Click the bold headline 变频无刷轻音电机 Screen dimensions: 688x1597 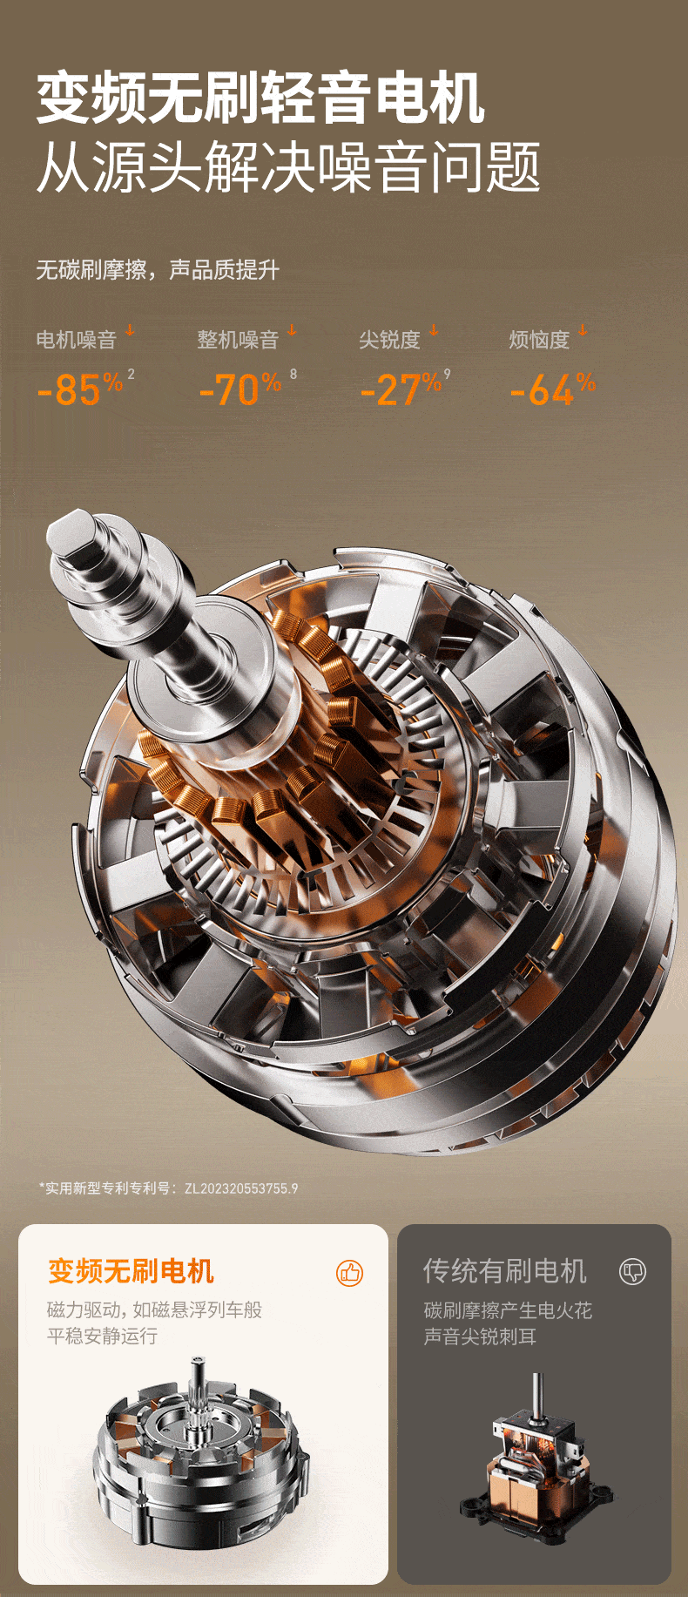(260, 99)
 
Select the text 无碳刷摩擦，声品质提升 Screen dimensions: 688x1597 (158, 270)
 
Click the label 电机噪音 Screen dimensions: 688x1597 (76, 339)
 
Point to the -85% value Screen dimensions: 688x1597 (80, 389)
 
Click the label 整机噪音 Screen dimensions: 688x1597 (238, 339)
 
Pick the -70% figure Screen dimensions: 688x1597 (240, 389)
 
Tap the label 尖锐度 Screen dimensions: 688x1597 (389, 339)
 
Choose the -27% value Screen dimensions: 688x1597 (401, 389)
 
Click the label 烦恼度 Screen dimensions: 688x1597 (539, 339)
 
